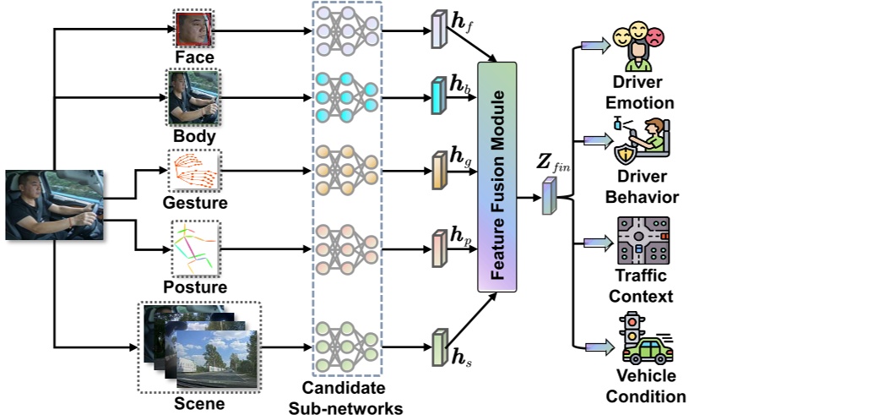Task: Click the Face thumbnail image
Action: click(x=194, y=30)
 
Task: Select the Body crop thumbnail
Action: click(x=193, y=98)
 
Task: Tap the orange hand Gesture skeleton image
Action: click(x=194, y=171)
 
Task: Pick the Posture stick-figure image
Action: click(x=196, y=249)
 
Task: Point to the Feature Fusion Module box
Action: click(x=497, y=177)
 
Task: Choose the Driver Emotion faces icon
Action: click(x=638, y=47)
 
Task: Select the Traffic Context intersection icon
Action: click(x=643, y=241)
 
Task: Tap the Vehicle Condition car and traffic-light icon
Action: click(x=647, y=339)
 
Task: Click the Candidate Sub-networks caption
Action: click(x=345, y=398)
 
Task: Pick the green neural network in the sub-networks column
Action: click(x=347, y=346)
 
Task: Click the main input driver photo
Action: click(x=54, y=205)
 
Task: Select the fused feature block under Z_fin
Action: click(x=548, y=196)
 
